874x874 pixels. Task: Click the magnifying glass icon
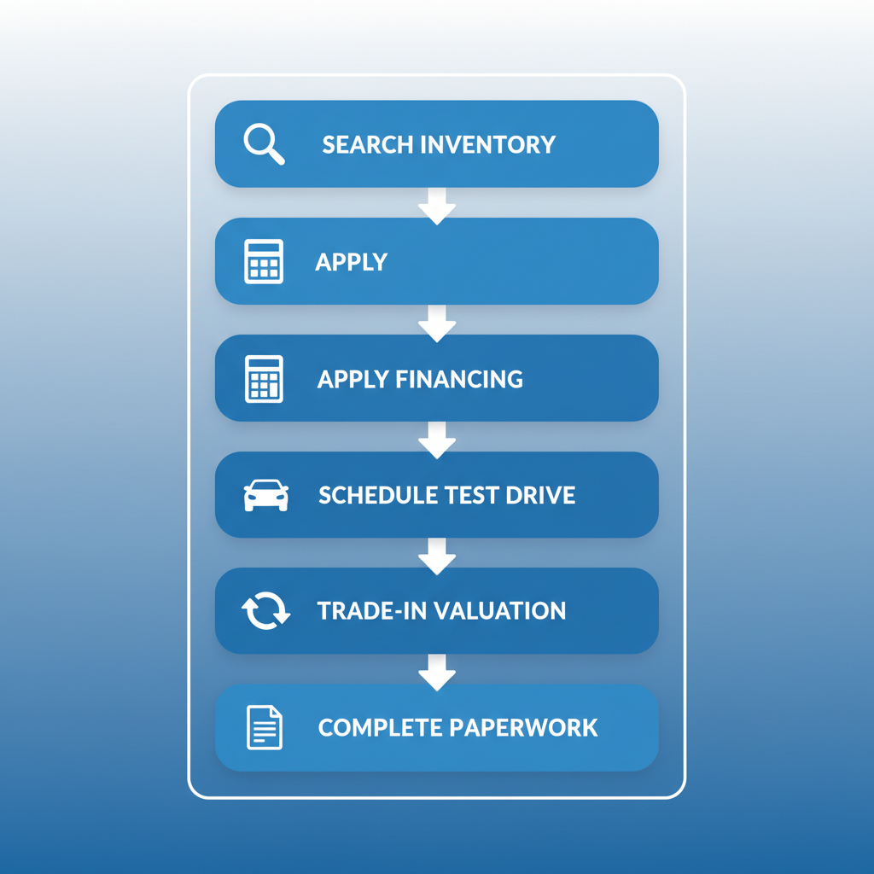tap(263, 143)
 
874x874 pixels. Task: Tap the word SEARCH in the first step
tap(364, 144)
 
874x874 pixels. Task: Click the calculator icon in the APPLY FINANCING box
tap(264, 378)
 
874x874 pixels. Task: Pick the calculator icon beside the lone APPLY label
tap(264, 261)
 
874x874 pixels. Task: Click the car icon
tap(265, 495)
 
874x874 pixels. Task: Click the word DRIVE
tap(541, 495)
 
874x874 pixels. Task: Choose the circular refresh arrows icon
tap(265, 612)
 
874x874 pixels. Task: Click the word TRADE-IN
tap(371, 611)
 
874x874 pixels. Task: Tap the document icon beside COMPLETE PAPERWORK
tap(264, 728)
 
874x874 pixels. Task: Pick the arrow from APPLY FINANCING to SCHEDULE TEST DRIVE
tap(437, 439)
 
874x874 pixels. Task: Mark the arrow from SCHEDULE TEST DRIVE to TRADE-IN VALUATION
tap(437, 556)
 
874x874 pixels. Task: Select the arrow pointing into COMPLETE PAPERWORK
tap(437, 673)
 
